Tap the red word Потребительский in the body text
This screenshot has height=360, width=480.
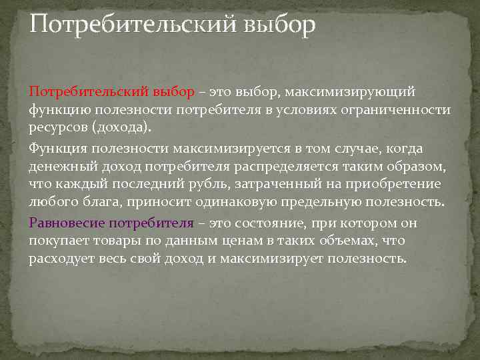(x=90, y=91)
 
